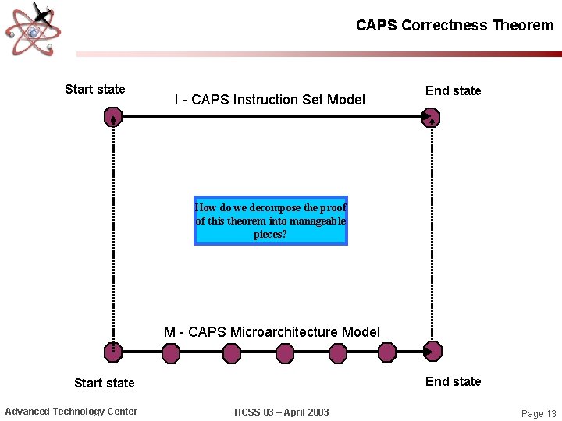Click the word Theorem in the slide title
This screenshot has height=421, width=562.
tap(523, 25)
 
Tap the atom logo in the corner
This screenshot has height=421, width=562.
tap(33, 30)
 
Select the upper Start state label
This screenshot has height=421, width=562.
tap(94, 89)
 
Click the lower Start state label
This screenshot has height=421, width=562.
tap(104, 383)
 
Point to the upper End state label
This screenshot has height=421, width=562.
tap(453, 90)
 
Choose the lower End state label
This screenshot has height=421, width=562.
tap(453, 381)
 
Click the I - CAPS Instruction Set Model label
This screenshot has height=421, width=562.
tap(269, 100)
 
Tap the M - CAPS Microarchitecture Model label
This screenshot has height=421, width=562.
tap(272, 332)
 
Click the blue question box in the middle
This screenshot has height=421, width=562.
tap(270, 221)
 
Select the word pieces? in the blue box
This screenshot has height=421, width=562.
tap(270, 234)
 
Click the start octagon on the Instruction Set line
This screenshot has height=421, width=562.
tap(114, 118)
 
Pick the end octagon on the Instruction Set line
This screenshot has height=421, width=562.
tap(431, 118)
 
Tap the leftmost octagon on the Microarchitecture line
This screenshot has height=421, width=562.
tap(114, 354)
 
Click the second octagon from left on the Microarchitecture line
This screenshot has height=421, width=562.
tap(171, 354)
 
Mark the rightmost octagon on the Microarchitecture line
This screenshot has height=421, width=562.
tap(431, 354)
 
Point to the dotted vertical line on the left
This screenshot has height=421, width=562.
tap(114, 234)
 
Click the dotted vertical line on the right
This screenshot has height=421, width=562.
tap(431, 234)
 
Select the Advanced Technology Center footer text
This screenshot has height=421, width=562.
tap(71, 412)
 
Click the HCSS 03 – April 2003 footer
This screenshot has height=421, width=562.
tap(282, 412)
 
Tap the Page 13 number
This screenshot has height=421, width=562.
tap(539, 413)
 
